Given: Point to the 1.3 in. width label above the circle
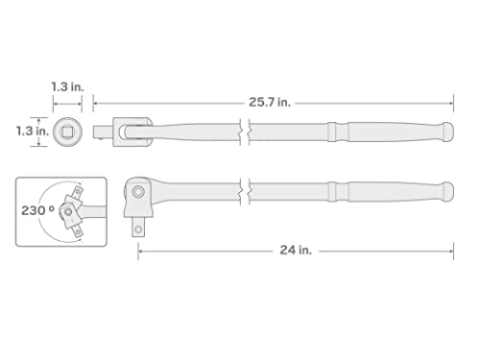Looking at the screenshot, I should click(x=66, y=86).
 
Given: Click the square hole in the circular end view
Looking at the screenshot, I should click(x=67, y=130).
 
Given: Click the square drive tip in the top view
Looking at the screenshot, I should click(x=101, y=130).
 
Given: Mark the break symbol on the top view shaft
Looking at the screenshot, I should click(x=244, y=130).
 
